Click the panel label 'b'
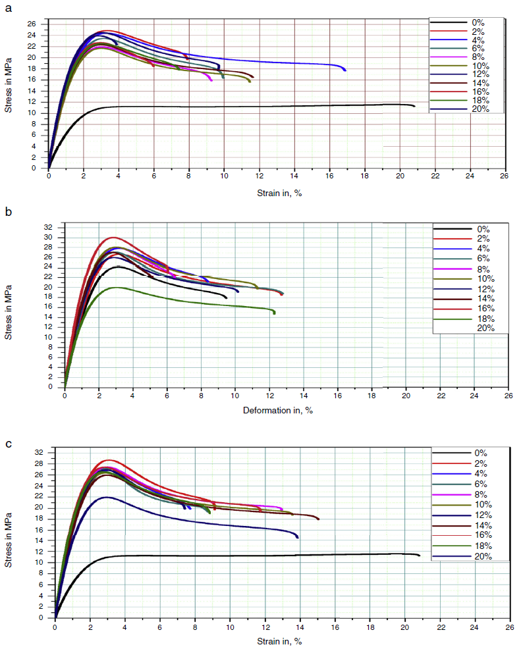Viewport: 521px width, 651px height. (x=8, y=212)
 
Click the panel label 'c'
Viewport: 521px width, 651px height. (x=8, y=444)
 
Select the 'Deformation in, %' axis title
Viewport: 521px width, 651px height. (x=277, y=410)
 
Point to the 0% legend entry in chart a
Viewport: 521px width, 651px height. (x=479, y=23)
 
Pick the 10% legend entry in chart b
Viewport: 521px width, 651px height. (x=483, y=278)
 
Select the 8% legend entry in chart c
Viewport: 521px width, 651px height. (x=480, y=494)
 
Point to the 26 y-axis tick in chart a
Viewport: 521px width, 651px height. (x=40, y=24)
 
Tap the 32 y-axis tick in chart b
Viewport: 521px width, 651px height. (x=57, y=227)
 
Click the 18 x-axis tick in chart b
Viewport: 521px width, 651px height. (x=371, y=395)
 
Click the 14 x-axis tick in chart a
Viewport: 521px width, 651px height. (x=294, y=176)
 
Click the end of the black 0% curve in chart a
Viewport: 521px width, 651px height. (x=414, y=106)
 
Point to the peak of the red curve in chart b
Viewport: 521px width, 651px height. (x=113, y=237)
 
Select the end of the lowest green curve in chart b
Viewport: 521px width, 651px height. (x=274, y=313)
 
